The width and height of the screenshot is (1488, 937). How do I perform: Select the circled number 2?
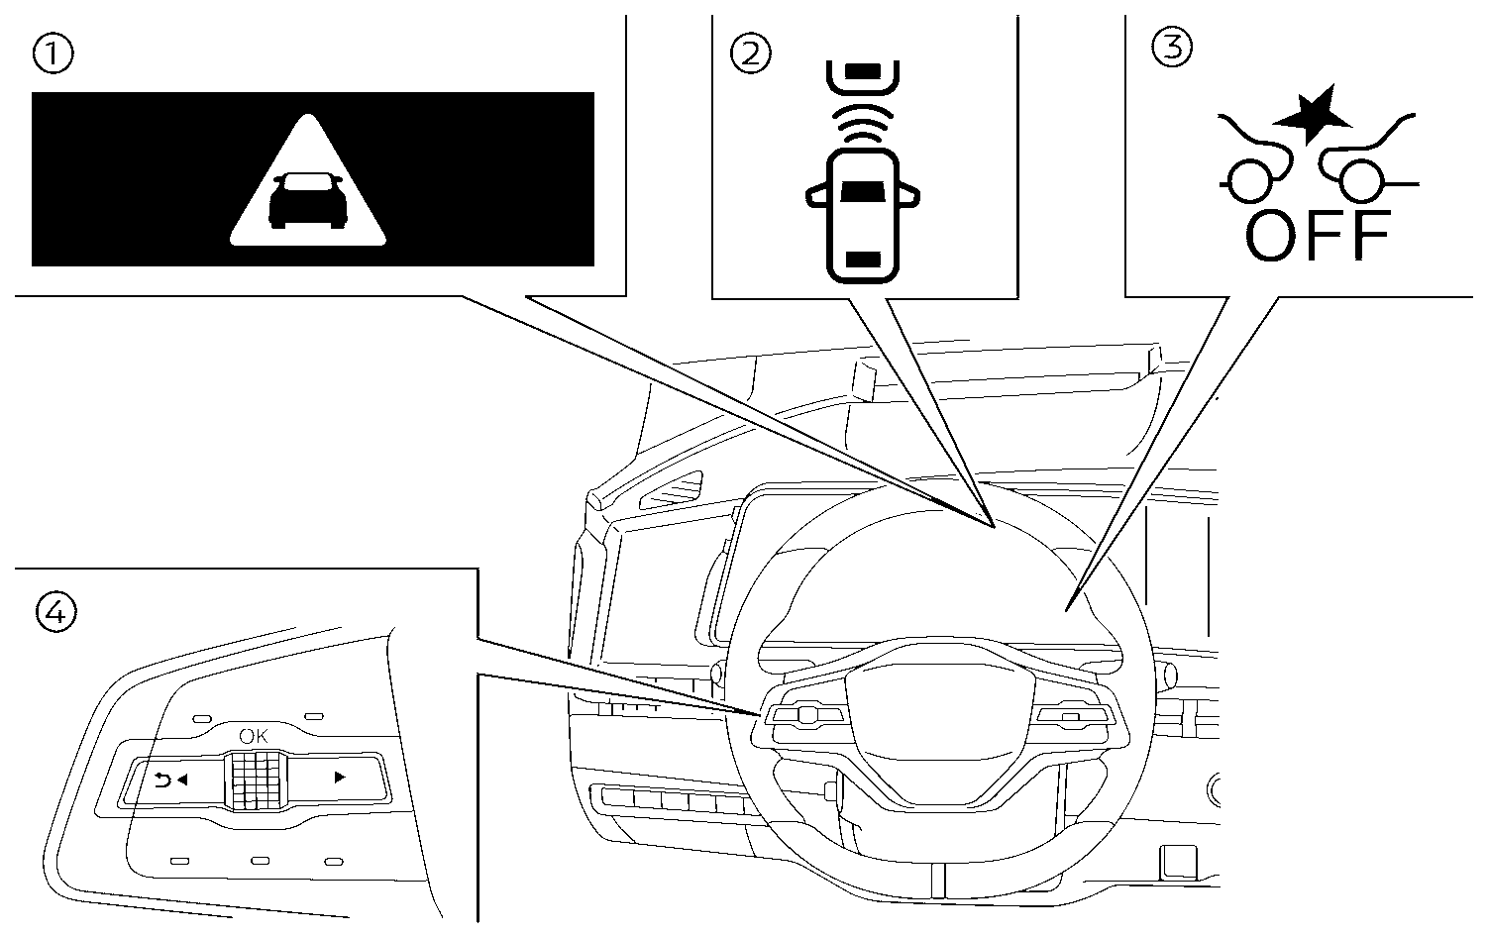click(749, 52)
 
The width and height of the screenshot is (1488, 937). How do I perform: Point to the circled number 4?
click(53, 614)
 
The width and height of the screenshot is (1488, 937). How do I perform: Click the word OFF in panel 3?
click(1318, 236)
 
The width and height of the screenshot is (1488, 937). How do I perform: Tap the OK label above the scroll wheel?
click(254, 736)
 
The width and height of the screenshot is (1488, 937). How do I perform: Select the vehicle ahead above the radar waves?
click(861, 75)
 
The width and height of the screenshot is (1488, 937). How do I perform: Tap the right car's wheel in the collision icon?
click(1361, 182)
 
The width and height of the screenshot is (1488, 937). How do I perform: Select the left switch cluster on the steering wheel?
click(805, 714)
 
